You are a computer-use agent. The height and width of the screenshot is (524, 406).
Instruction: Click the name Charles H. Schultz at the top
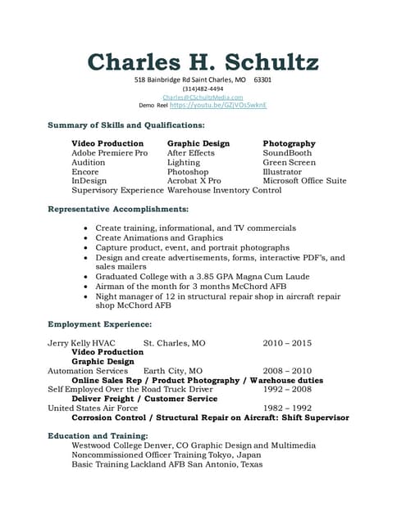click(x=203, y=61)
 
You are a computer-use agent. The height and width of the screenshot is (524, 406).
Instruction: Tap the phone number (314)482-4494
click(x=203, y=88)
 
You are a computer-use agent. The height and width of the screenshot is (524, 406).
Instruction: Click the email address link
click(x=203, y=97)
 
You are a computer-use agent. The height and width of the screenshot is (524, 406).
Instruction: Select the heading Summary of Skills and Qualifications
click(x=126, y=124)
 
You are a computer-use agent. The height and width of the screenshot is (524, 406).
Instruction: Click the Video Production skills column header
click(x=107, y=143)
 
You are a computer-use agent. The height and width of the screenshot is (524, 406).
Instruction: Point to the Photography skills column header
click(x=289, y=143)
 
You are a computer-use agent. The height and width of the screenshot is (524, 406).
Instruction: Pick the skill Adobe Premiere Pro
click(x=110, y=153)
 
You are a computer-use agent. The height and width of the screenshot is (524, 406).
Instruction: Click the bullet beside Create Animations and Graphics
click(x=87, y=238)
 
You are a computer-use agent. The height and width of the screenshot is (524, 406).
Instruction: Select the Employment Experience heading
click(x=99, y=324)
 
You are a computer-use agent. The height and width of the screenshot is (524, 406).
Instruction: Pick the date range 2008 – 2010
click(x=287, y=371)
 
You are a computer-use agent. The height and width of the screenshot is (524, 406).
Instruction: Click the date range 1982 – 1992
click(x=287, y=408)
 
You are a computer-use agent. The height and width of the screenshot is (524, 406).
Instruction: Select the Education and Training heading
click(x=98, y=436)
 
